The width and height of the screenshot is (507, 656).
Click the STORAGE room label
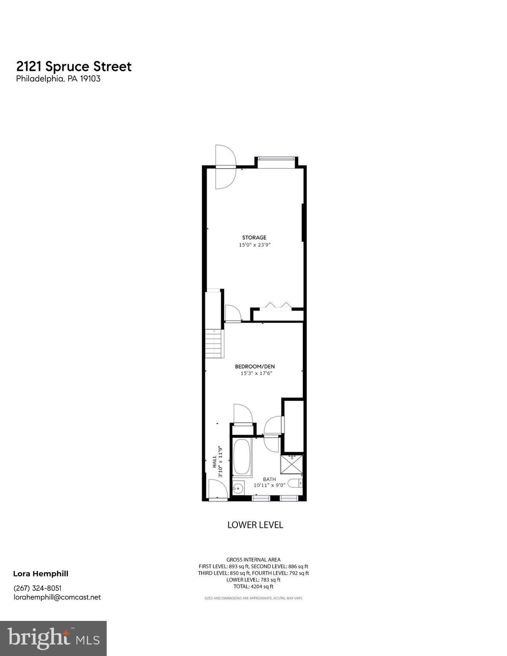[254, 237]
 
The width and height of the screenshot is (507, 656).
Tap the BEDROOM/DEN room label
[255, 366]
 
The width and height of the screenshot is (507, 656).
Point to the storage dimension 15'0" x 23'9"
[255, 245]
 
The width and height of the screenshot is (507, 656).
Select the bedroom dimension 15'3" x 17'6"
[256, 373]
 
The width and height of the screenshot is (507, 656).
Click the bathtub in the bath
[242, 457]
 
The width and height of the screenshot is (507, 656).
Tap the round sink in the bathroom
[238, 488]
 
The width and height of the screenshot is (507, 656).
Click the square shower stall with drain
[292, 464]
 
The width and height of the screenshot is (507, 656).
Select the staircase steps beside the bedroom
[213, 343]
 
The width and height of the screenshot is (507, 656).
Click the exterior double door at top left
[225, 167]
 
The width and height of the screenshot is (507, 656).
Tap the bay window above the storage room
[276, 158]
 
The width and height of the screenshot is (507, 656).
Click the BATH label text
[269, 479]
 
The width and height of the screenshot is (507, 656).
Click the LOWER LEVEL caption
[255, 525]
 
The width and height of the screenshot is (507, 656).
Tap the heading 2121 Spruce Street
[74, 67]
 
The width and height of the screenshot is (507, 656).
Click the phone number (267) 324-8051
[38, 588]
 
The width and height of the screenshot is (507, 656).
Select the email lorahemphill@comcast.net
[57, 597]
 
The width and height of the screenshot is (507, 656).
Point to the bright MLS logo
[53, 638]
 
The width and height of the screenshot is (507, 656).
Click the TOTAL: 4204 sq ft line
[253, 587]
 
